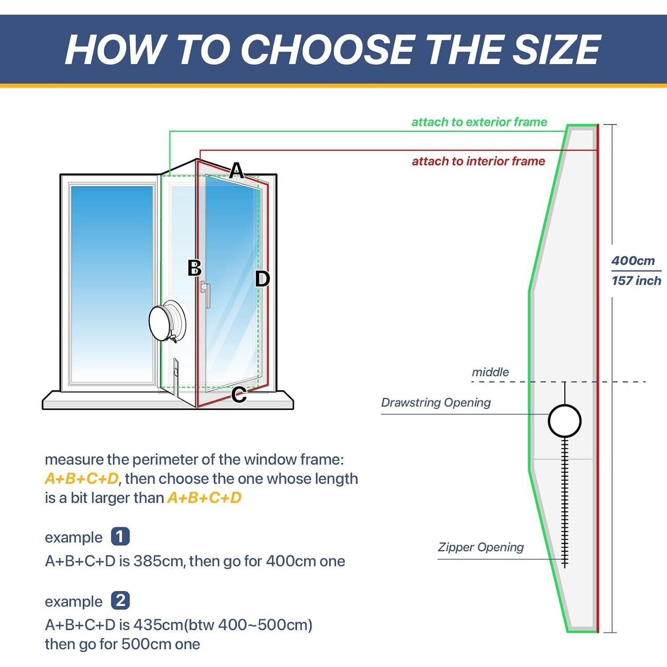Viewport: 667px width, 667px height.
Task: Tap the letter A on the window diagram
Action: tap(237, 170)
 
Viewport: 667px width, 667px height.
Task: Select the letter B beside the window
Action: tap(194, 268)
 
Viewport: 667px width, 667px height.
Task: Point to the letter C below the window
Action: tap(239, 395)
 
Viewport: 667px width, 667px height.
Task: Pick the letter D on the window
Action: tap(262, 279)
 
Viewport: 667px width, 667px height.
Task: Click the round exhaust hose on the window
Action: tap(165, 321)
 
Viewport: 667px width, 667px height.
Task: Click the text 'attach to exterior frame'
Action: tap(479, 122)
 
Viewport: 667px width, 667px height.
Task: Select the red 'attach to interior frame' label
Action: tap(478, 161)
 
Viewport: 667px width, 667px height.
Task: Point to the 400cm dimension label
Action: tap(633, 261)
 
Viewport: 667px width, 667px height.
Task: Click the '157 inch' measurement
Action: tap(636, 281)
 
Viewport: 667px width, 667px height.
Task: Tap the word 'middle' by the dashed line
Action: tap(490, 372)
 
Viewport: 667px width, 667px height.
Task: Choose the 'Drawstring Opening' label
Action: tap(436, 402)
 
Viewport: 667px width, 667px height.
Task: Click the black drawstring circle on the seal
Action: tap(564, 421)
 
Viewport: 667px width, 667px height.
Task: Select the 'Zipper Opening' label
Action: tap(481, 547)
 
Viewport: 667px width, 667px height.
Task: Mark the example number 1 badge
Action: tap(120, 536)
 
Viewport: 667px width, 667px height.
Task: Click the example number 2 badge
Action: tap(120, 600)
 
